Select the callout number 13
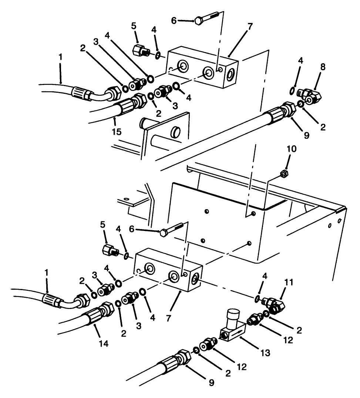[265, 353]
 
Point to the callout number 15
[117, 131]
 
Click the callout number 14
[104, 343]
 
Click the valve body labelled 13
[231, 331]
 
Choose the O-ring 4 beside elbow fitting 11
[257, 299]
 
